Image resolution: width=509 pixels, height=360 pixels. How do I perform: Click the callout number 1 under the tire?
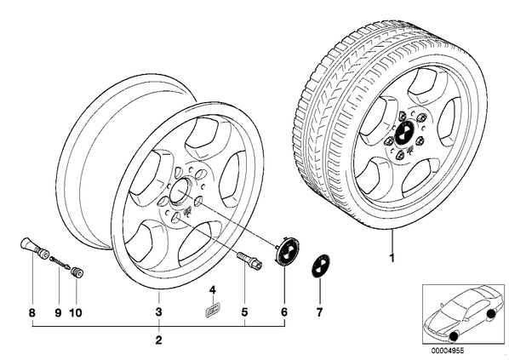point(392,259)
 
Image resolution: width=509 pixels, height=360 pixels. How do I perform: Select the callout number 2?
point(158,340)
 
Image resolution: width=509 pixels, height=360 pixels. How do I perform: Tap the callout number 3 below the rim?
point(158,312)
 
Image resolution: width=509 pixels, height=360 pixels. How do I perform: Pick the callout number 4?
point(212,290)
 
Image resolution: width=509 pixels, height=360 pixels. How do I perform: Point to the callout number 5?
point(244,312)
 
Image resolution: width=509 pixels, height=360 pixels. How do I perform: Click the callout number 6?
point(284,312)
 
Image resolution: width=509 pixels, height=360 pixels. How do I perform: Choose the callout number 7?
point(320,312)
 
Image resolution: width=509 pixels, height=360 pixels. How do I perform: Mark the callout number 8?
point(31,313)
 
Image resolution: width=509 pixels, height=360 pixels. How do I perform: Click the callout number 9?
point(59,313)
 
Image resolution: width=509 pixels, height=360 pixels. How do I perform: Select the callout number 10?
point(75,313)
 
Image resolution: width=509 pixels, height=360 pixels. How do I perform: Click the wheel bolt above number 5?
point(249,260)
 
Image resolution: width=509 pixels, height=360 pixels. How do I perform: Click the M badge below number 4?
point(213,308)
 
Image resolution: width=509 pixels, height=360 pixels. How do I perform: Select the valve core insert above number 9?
point(60,263)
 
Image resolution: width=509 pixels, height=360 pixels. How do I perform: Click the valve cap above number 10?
point(77,272)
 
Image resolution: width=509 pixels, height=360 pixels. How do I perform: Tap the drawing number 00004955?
point(448,351)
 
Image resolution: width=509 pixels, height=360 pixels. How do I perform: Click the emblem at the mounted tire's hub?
point(404,134)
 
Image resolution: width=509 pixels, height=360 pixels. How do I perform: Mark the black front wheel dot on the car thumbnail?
point(454,336)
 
